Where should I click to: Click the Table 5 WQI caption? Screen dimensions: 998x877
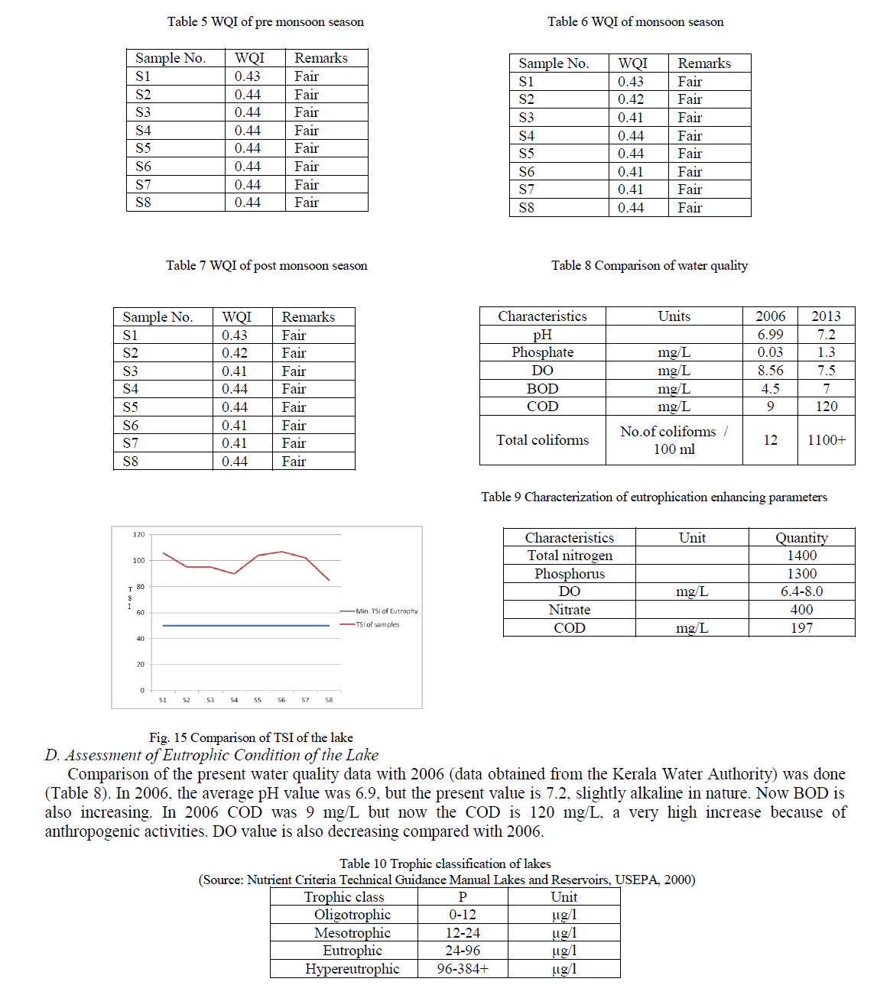(x=265, y=22)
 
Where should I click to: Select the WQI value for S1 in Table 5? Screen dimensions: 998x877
(x=247, y=76)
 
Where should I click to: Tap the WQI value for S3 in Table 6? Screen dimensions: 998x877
(x=631, y=118)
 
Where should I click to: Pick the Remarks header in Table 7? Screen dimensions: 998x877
(x=308, y=317)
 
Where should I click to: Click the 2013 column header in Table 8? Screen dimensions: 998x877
(x=826, y=316)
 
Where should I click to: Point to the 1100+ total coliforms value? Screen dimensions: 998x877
(x=827, y=440)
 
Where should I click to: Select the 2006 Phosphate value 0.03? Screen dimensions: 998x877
(x=770, y=352)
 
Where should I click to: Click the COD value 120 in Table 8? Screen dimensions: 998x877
(x=827, y=407)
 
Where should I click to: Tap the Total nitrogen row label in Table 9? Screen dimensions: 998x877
(x=570, y=556)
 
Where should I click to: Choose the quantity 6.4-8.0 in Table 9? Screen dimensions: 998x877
(x=801, y=591)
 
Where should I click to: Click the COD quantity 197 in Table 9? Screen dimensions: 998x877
(x=801, y=628)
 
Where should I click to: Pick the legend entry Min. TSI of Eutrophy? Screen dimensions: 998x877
(x=387, y=611)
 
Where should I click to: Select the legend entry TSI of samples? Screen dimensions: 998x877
(x=378, y=624)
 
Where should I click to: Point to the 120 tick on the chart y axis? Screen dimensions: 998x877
(x=138, y=535)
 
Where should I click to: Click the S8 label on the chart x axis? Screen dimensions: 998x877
(x=329, y=700)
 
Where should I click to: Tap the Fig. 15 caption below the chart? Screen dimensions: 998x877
(x=251, y=737)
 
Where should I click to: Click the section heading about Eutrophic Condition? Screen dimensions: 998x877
(x=212, y=755)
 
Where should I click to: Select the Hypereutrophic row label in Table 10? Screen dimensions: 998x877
(x=352, y=969)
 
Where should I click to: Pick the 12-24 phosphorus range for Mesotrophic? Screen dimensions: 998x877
(x=463, y=933)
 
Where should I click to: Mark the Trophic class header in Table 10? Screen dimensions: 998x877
(x=344, y=897)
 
